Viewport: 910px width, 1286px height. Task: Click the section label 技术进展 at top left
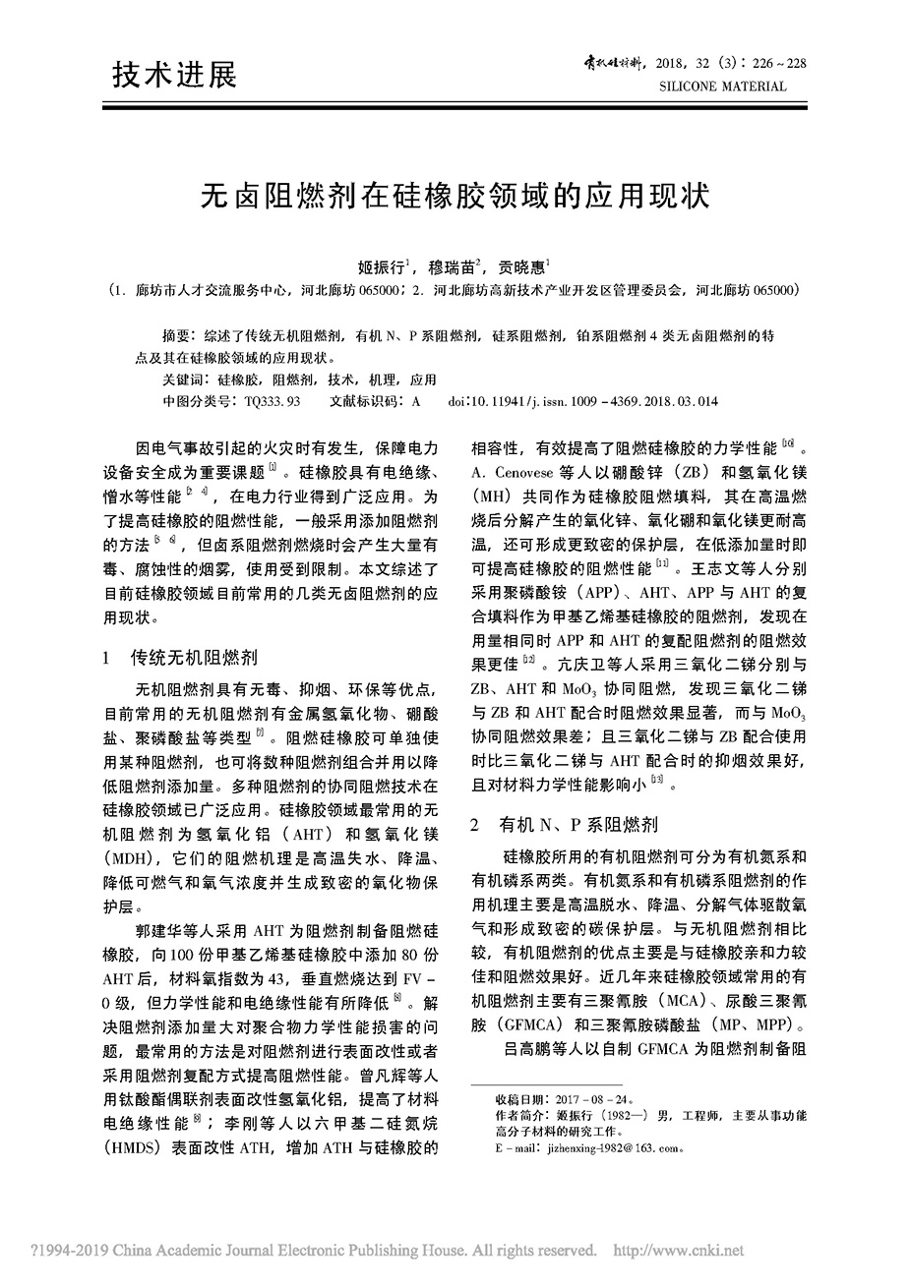(x=175, y=75)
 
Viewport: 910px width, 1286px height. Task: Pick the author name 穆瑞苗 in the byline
(x=453, y=266)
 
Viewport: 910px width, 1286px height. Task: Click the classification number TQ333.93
(x=273, y=402)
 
